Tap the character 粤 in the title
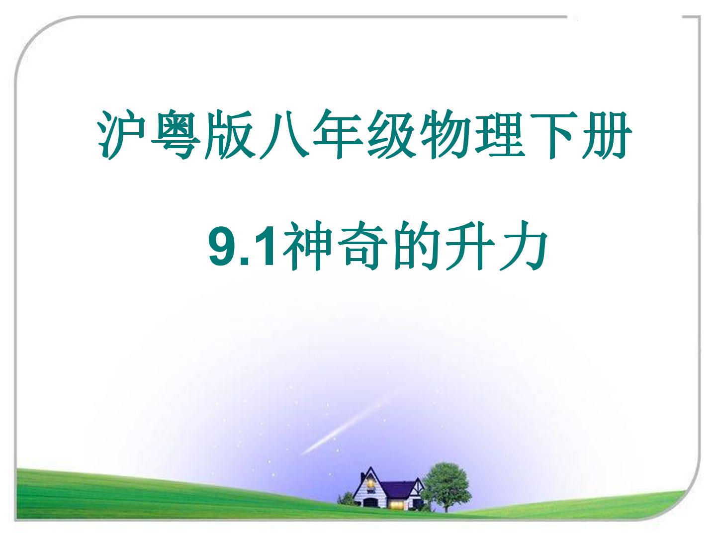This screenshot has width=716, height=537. tap(175, 135)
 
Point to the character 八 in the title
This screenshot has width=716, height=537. tap(283, 135)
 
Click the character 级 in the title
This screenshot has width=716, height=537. tap(391, 135)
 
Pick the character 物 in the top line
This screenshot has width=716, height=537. tap(445, 135)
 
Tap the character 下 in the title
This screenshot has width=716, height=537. tap(553, 135)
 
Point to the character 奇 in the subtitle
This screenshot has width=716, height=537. tap(361, 246)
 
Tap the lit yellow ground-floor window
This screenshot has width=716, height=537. tap(396, 505)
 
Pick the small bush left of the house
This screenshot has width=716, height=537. tap(347, 499)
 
